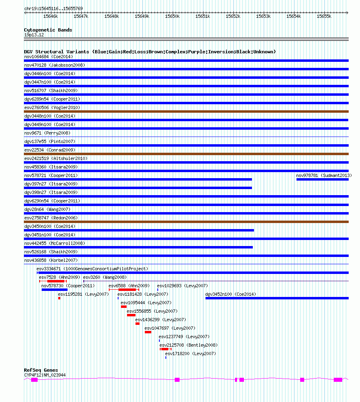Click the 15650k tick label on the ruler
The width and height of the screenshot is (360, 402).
[x=172, y=17]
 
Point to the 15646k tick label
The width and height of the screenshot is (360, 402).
[x=51, y=17]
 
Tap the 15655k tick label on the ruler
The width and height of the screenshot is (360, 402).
[x=324, y=17]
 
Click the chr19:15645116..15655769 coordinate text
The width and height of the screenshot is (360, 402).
[x=53, y=8]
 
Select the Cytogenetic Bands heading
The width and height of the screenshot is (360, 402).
[x=48, y=30]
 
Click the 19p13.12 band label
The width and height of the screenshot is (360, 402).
[x=34, y=35]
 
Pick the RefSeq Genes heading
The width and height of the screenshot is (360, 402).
[x=41, y=370]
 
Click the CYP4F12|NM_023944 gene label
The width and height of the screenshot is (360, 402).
[x=45, y=375]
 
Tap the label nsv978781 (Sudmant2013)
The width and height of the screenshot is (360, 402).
[x=324, y=175]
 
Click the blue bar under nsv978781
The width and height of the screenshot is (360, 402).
[x=322, y=179]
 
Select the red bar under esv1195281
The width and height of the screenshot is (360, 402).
[x=59, y=298]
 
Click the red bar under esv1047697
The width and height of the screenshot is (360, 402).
[x=148, y=332]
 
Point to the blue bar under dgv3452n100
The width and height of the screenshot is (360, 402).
[x=277, y=298]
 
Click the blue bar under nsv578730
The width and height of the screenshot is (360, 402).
[x=55, y=290]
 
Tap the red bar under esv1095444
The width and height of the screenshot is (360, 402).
[x=124, y=307]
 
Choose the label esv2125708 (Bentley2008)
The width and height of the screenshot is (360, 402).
[x=188, y=345]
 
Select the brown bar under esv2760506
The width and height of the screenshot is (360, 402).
[x=186, y=112]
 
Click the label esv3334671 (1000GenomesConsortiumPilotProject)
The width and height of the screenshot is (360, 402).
[x=93, y=269]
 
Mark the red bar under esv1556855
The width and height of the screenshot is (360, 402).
[x=131, y=315]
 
